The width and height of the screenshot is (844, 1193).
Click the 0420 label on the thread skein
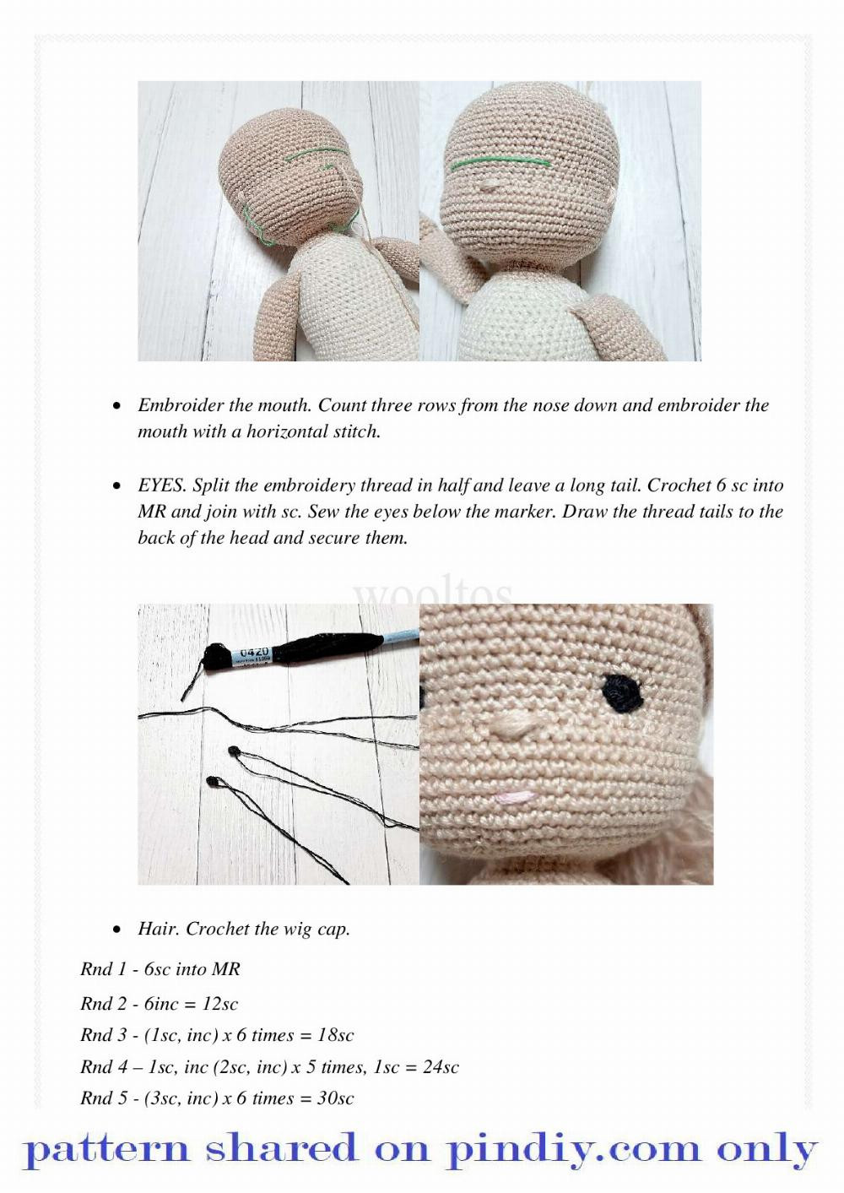[254, 653]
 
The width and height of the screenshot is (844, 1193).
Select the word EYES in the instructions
[161, 485]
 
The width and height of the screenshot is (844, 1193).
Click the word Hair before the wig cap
[158, 929]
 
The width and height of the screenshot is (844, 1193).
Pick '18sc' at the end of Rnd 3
[335, 1035]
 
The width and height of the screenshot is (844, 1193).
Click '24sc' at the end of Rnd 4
[441, 1067]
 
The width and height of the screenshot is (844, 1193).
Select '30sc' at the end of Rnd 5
[335, 1098]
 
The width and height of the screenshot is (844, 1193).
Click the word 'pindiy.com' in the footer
[574, 1150]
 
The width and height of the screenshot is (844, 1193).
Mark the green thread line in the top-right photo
[500, 162]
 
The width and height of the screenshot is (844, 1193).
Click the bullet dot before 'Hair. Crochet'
[117, 930]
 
